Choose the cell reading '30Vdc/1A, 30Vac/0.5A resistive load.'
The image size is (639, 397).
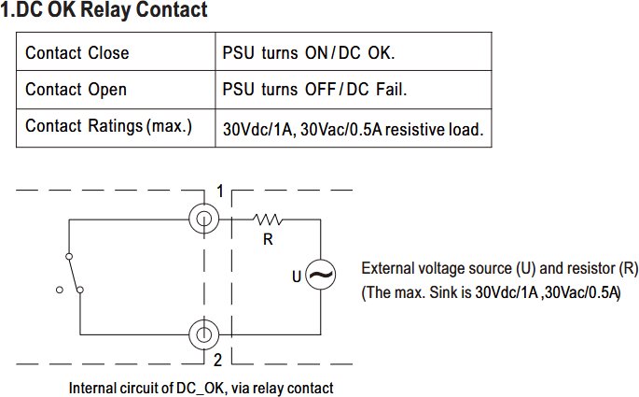tap(354, 129)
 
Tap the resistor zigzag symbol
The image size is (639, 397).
tap(268, 220)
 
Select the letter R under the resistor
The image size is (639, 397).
tap(268, 239)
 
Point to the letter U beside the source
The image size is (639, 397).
tap(297, 277)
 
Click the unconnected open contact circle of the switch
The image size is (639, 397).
tap(60, 290)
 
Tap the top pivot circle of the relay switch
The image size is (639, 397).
tap(69, 256)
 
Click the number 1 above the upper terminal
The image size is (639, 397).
tap(220, 191)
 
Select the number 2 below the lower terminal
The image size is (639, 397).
tap(218, 361)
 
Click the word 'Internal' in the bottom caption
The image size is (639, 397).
tap(93, 388)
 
